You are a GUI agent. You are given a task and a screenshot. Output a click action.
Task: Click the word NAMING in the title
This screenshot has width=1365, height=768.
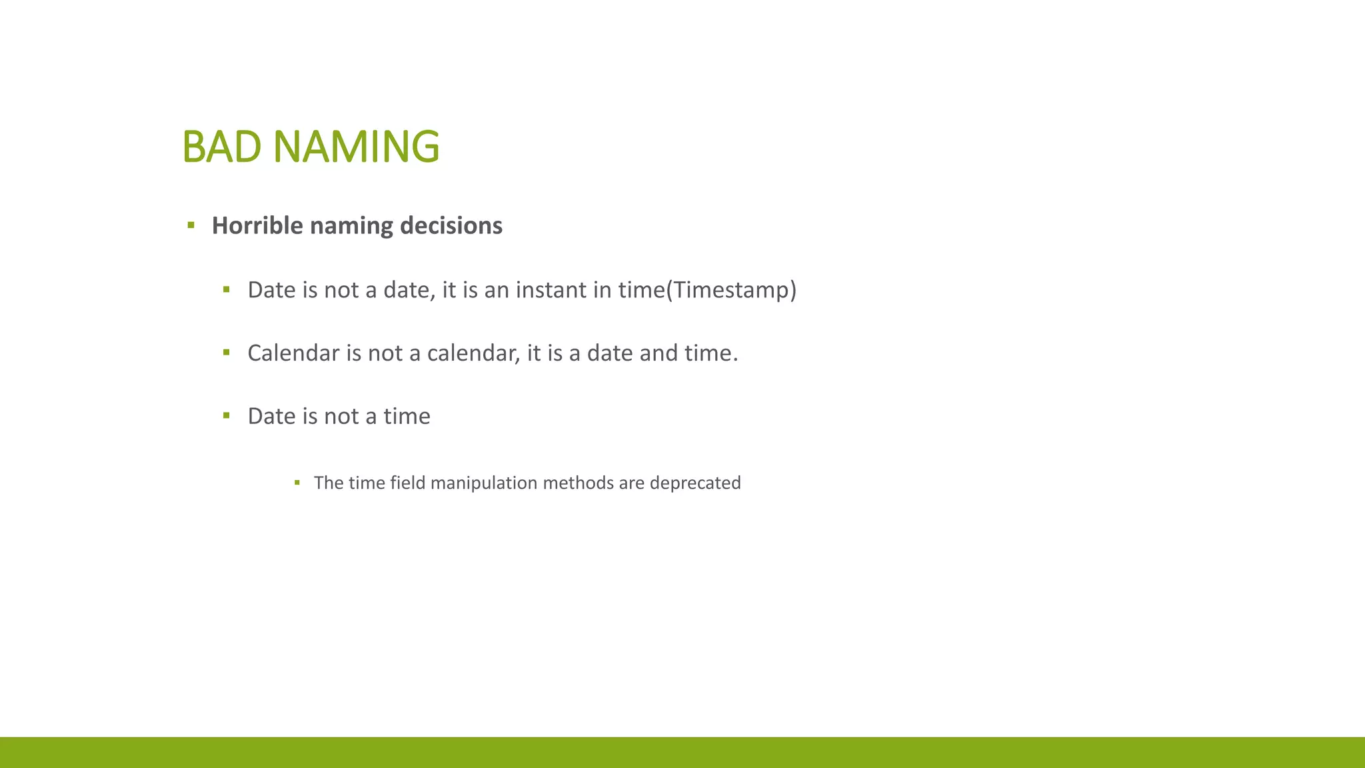356,147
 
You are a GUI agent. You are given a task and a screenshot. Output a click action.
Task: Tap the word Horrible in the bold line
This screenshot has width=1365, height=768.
257,225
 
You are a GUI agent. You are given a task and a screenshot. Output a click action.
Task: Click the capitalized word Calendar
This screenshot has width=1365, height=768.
293,353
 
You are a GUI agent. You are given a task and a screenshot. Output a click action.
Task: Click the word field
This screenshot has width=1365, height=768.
407,483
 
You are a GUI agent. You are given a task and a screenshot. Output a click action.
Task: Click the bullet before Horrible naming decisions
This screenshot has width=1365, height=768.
191,225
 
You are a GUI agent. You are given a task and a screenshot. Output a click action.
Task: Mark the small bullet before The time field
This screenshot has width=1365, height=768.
297,482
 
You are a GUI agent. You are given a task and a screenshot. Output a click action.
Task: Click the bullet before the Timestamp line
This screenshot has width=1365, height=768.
227,289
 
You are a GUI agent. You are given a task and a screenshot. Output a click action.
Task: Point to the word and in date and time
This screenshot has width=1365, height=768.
650,353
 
